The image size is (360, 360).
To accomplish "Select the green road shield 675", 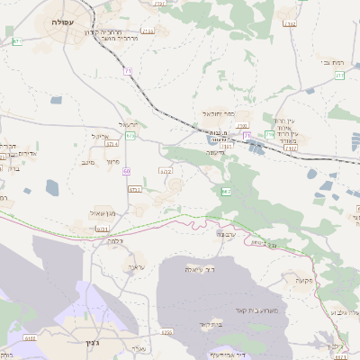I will pos(130,136).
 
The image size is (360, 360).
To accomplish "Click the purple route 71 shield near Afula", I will pos(127,69).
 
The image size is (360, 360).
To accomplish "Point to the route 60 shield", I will pos(127,171).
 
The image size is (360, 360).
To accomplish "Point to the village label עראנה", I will pos(135,267).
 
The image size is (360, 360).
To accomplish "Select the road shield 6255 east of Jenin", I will pos(166,332).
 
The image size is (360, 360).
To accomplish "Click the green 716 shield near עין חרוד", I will pos(269,134).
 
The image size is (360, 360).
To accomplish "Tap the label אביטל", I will pos(100,136).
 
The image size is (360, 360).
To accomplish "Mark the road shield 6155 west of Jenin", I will pos(30,338).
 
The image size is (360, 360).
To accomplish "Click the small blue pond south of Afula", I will pos(52,187).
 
